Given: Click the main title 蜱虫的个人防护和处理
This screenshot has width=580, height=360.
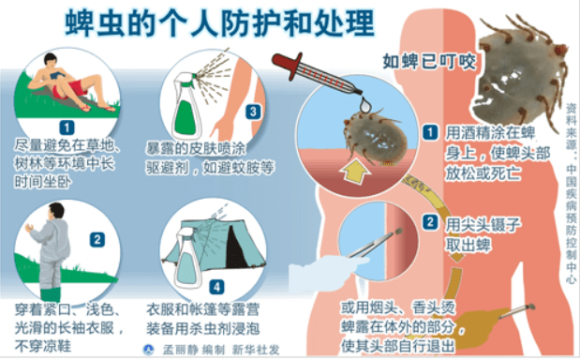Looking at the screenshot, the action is (219, 22).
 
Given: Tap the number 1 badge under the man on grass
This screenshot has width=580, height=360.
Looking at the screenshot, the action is (67, 127).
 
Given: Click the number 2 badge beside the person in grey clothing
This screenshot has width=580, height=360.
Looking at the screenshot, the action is (97, 240).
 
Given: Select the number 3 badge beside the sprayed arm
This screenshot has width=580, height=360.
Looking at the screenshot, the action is (253, 112).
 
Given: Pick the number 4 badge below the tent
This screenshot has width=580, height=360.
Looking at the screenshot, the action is (216, 287).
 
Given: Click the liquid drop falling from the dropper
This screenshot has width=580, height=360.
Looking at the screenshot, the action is (365, 104).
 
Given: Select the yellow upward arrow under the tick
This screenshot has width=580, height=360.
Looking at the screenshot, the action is (355, 172).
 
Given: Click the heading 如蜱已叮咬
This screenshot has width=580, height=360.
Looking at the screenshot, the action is (429, 62).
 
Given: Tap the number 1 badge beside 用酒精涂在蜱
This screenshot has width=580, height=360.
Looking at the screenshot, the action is (430, 132).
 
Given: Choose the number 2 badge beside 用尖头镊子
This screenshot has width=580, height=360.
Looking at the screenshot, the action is (430, 222).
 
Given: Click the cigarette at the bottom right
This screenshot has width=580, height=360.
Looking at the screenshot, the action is (516, 311).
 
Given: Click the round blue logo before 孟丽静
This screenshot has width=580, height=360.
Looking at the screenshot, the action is (149, 350).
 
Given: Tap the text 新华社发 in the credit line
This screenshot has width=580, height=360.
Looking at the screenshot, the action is (256, 350).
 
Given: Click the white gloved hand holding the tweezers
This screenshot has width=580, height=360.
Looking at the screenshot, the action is (325, 272).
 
